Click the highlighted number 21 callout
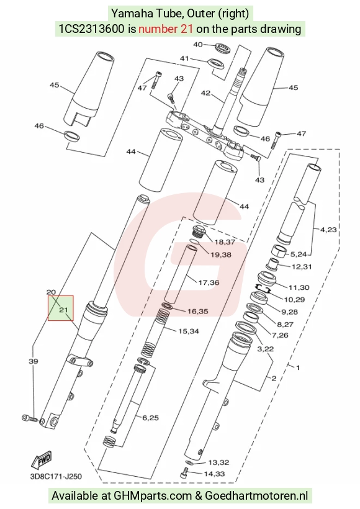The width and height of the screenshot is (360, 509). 63,310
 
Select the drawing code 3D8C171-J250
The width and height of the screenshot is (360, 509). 56,477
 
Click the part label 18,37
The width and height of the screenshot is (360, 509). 225,242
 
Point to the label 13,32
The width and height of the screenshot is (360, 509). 218,462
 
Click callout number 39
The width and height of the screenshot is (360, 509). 34,361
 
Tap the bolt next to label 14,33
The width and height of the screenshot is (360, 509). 184,472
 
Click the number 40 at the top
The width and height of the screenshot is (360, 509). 198,45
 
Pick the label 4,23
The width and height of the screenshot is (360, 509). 328,230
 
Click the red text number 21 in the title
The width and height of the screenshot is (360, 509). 166,29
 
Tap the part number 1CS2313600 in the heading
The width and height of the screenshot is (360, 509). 91,29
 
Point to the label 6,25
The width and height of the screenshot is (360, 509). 151,418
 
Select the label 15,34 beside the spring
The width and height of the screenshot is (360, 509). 189,331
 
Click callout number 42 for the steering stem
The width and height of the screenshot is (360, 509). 205,93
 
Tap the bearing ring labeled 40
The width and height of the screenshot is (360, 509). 223,47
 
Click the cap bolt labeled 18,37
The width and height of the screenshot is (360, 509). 198,231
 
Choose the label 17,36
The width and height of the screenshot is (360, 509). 209,282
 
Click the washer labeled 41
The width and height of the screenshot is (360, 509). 216,63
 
